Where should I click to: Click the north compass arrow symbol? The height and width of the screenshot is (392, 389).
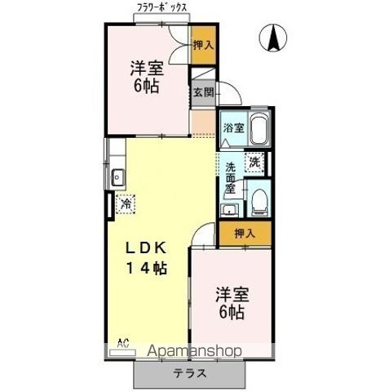tap(273, 38)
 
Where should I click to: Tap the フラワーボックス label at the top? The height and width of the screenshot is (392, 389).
tap(162, 8)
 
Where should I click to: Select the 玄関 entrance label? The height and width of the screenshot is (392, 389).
tap(204, 93)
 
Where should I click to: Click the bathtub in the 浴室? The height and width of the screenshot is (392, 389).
tap(259, 129)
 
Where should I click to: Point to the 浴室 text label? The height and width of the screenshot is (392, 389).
tap(234, 127)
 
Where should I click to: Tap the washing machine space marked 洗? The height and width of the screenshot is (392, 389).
tap(254, 163)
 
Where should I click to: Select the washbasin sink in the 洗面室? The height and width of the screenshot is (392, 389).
tap(230, 211)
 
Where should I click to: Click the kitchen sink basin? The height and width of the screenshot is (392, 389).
tap(118, 177)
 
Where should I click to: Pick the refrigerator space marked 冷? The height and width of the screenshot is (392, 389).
tap(126, 204)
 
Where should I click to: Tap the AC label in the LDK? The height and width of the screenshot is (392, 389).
tap(123, 343)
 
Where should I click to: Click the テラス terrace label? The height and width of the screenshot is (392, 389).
tap(190, 373)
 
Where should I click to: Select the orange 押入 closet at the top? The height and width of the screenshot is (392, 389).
tap(204, 45)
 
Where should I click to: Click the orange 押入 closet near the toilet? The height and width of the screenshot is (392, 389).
tap(245, 234)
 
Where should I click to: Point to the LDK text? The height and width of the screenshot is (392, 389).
tap(145, 248)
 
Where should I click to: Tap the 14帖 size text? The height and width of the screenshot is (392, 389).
tap(146, 268)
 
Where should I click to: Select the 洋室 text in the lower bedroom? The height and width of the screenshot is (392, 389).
tap(232, 295)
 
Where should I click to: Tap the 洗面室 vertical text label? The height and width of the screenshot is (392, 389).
tap(230, 178)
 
